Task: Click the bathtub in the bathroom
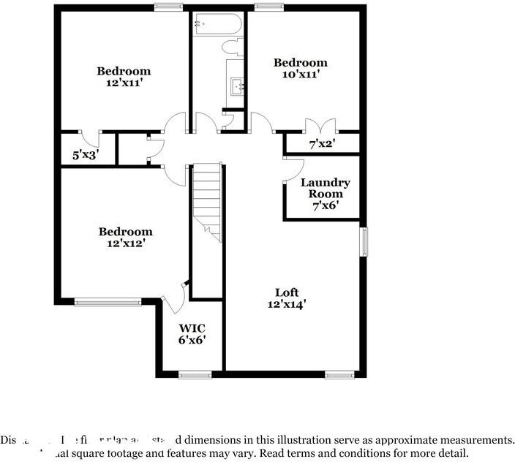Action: pyautogui.click(x=217, y=25)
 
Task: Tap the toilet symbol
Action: pyautogui.click(x=234, y=48)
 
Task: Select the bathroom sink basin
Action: pyautogui.click(x=236, y=87)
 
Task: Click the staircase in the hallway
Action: pyautogui.click(x=207, y=201)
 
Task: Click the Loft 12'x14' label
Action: pyautogui.click(x=286, y=298)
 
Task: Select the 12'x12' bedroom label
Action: pyautogui.click(x=126, y=237)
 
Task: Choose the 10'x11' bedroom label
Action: pyautogui.click(x=300, y=68)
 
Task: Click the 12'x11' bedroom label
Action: pyautogui.click(x=124, y=77)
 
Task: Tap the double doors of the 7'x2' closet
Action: pyautogui.click(x=321, y=125)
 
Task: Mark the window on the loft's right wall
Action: pyautogui.click(x=363, y=241)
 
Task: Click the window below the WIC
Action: pyautogui.click(x=195, y=375)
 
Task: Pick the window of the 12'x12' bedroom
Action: pyautogui.click(x=108, y=301)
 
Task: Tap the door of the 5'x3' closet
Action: pyautogui.click(x=90, y=137)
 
